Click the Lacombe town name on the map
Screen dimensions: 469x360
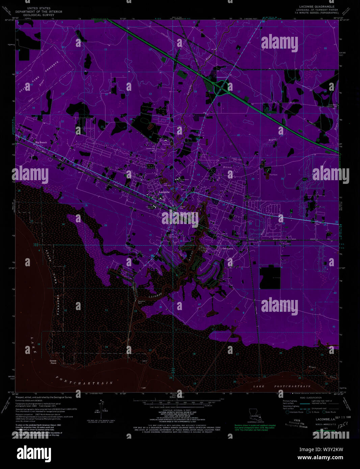[x=164, y=192]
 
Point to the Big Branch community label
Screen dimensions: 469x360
[x=41, y=143]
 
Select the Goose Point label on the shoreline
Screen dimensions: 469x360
[x=53, y=362]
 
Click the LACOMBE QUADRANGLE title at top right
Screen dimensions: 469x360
[x=316, y=6]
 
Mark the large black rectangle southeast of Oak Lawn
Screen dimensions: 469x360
[x=269, y=277]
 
